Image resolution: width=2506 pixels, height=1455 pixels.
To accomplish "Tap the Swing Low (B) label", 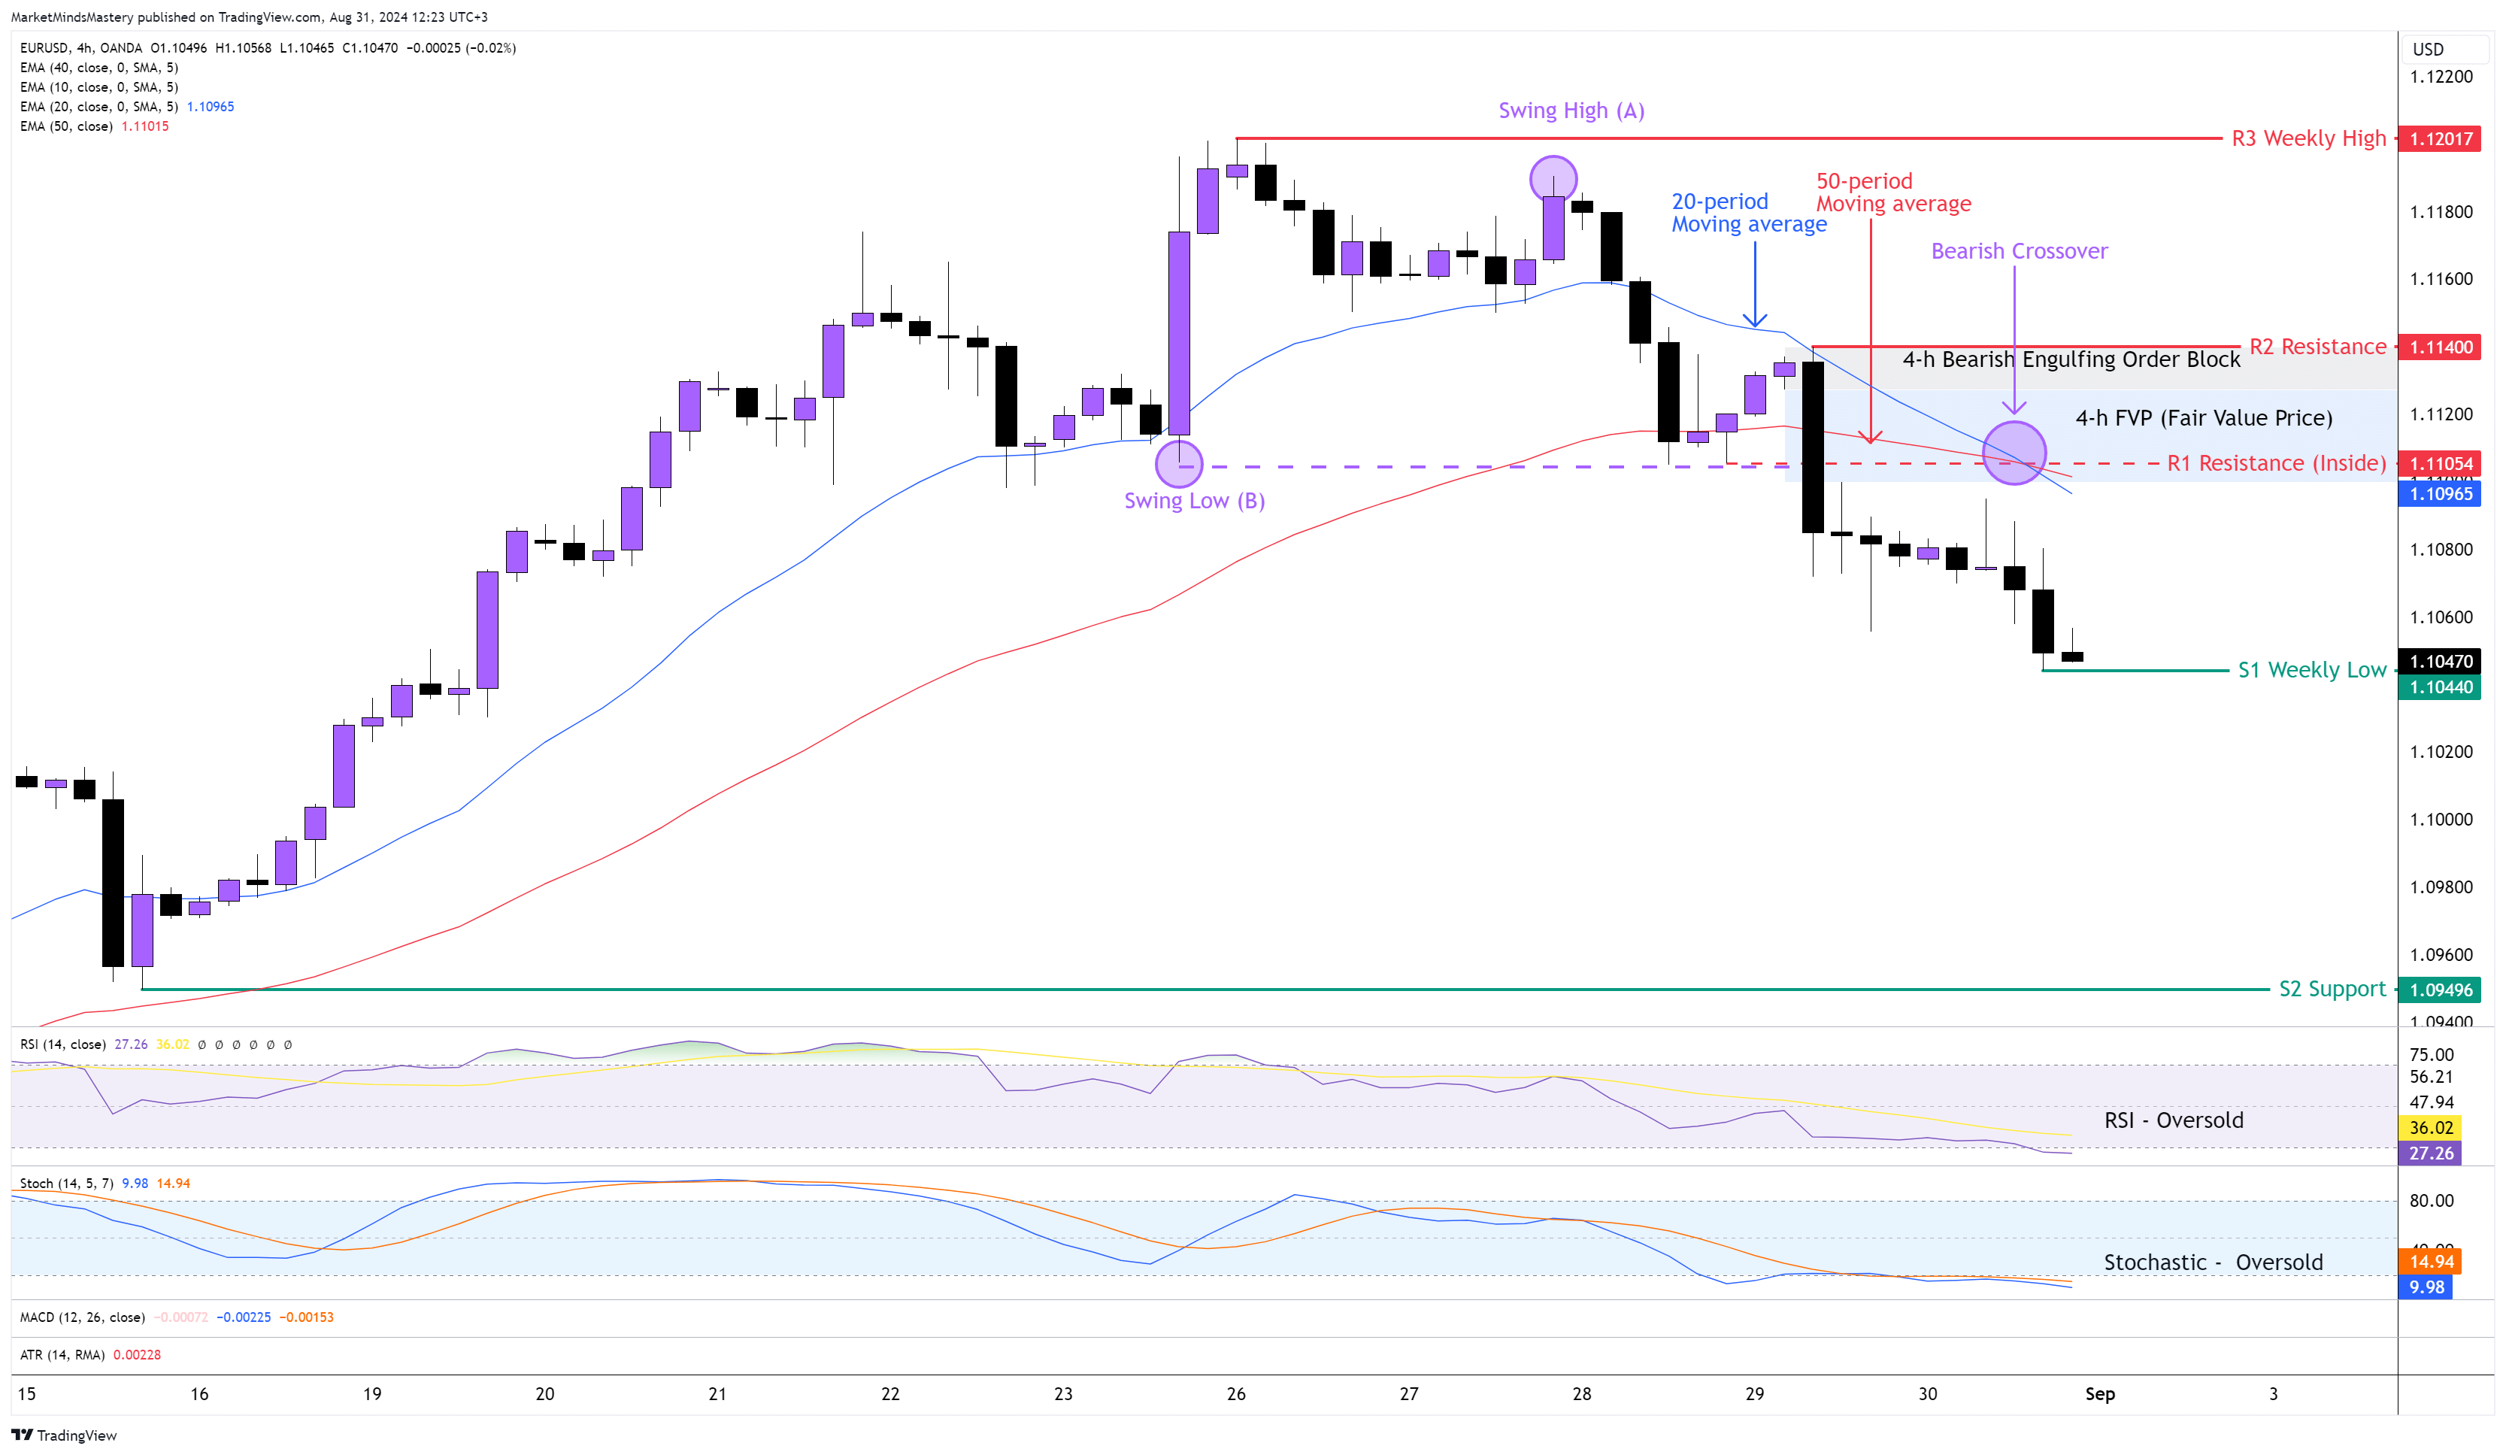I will (x=1193, y=500).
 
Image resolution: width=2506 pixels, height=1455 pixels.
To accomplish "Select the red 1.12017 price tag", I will (x=2441, y=139).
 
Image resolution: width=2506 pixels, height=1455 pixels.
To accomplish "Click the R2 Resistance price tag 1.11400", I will (x=2441, y=347).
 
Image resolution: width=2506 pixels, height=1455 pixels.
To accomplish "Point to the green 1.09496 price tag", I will (x=2441, y=990).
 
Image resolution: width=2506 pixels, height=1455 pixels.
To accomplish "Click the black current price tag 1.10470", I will (x=2441, y=662).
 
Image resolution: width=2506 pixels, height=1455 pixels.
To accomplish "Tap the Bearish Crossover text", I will (x=2018, y=250).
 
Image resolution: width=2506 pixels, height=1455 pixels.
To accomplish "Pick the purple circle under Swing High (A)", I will (x=1553, y=179).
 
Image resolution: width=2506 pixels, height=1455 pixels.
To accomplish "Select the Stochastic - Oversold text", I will (x=2213, y=1262).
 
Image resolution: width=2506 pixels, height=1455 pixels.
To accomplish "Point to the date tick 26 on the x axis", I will (x=1236, y=1393).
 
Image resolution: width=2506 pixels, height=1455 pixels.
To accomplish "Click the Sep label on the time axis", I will (x=2099, y=1393).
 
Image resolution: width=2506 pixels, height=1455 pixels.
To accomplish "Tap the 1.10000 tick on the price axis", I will (x=2441, y=820).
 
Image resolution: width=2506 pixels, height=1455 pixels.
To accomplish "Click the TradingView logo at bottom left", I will (x=65, y=1435).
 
